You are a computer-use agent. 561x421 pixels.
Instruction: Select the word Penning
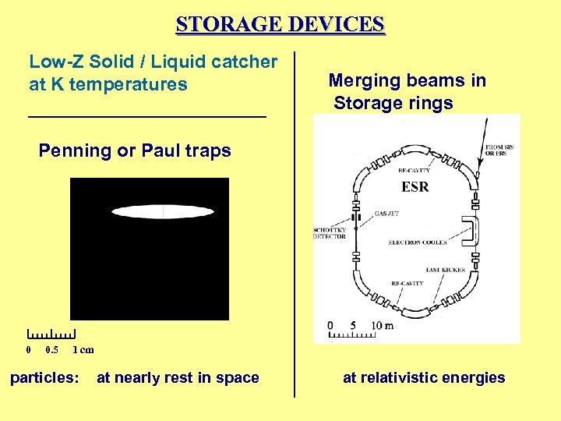tap(75, 150)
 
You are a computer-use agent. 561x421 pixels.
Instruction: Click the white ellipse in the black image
tap(163, 211)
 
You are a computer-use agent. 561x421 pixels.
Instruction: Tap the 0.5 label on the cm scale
tap(51, 350)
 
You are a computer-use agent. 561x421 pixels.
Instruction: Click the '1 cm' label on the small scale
tap(83, 350)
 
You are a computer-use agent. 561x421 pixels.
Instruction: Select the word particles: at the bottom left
tap(44, 378)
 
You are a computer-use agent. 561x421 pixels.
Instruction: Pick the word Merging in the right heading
tap(363, 80)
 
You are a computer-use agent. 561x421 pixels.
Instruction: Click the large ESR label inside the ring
tap(415, 187)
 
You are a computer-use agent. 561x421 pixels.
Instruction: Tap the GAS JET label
tap(387, 213)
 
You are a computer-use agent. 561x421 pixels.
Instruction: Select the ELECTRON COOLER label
tap(418, 243)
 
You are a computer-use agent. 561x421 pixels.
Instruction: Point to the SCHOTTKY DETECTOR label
tap(330, 232)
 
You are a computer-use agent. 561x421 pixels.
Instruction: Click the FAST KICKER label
tap(446, 270)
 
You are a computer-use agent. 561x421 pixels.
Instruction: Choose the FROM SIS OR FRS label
tap(499, 150)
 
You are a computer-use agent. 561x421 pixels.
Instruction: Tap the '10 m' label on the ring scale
tap(382, 325)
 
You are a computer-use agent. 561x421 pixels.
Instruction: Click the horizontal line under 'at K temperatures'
tap(147, 116)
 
